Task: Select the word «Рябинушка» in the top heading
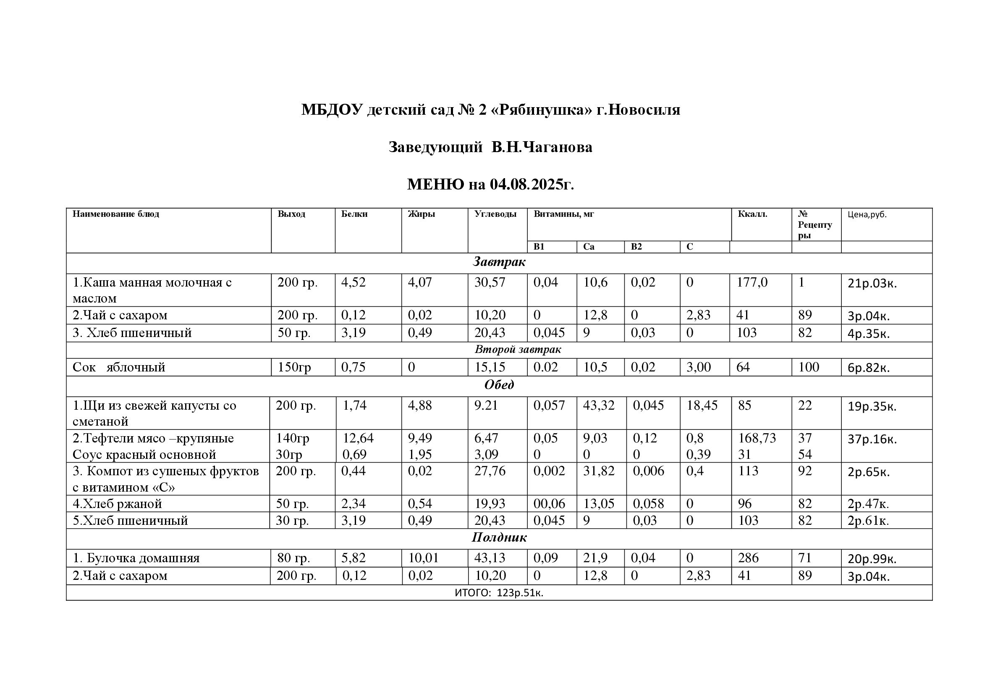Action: tap(543, 110)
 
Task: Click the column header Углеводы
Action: tap(495, 214)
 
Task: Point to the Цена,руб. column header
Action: tap(867, 214)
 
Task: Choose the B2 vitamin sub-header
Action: tap(636, 247)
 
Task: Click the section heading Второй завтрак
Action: tap(518, 350)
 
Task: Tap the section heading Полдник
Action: tap(499, 537)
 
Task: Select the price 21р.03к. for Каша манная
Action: tap(872, 283)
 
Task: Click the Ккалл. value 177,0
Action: tap(752, 282)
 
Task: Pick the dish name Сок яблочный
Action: tap(119, 367)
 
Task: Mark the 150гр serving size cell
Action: tap(294, 367)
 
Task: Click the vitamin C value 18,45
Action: tap(702, 405)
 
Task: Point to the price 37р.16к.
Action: tap(872, 439)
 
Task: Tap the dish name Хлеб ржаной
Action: tap(117, 504)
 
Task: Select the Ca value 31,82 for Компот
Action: tap(598, 471)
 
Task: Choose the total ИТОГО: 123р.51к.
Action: tap(499, 593)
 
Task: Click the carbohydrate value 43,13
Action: tap(490, 558)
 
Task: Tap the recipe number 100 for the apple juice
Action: tap(808, 367)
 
